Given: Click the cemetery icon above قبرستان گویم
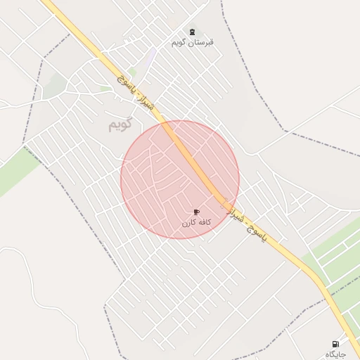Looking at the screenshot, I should [x=192, y=32].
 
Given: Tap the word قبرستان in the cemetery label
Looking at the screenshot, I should [x=202, y=43].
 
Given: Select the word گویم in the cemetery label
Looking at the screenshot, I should [x=181, y=43].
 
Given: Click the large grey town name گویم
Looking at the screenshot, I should [x=120, y=125].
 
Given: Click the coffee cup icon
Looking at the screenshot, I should [x=196, y=212].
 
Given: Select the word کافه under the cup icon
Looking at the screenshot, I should [x=203, y=223].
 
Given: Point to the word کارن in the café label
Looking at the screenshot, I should [x=188, y=223].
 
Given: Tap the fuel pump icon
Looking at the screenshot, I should [x=335, y=344].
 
